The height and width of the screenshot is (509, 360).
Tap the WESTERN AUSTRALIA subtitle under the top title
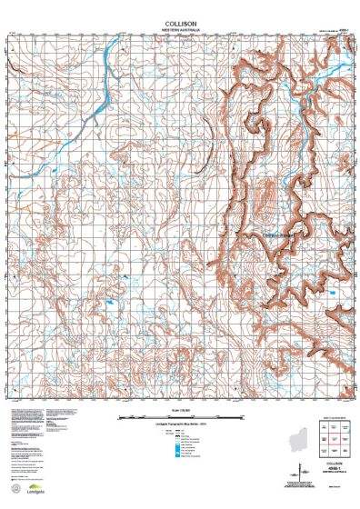click(180, 26)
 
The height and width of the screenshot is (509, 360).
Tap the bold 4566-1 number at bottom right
click(333, 471)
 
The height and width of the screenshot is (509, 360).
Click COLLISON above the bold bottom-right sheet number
click(333, 464)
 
